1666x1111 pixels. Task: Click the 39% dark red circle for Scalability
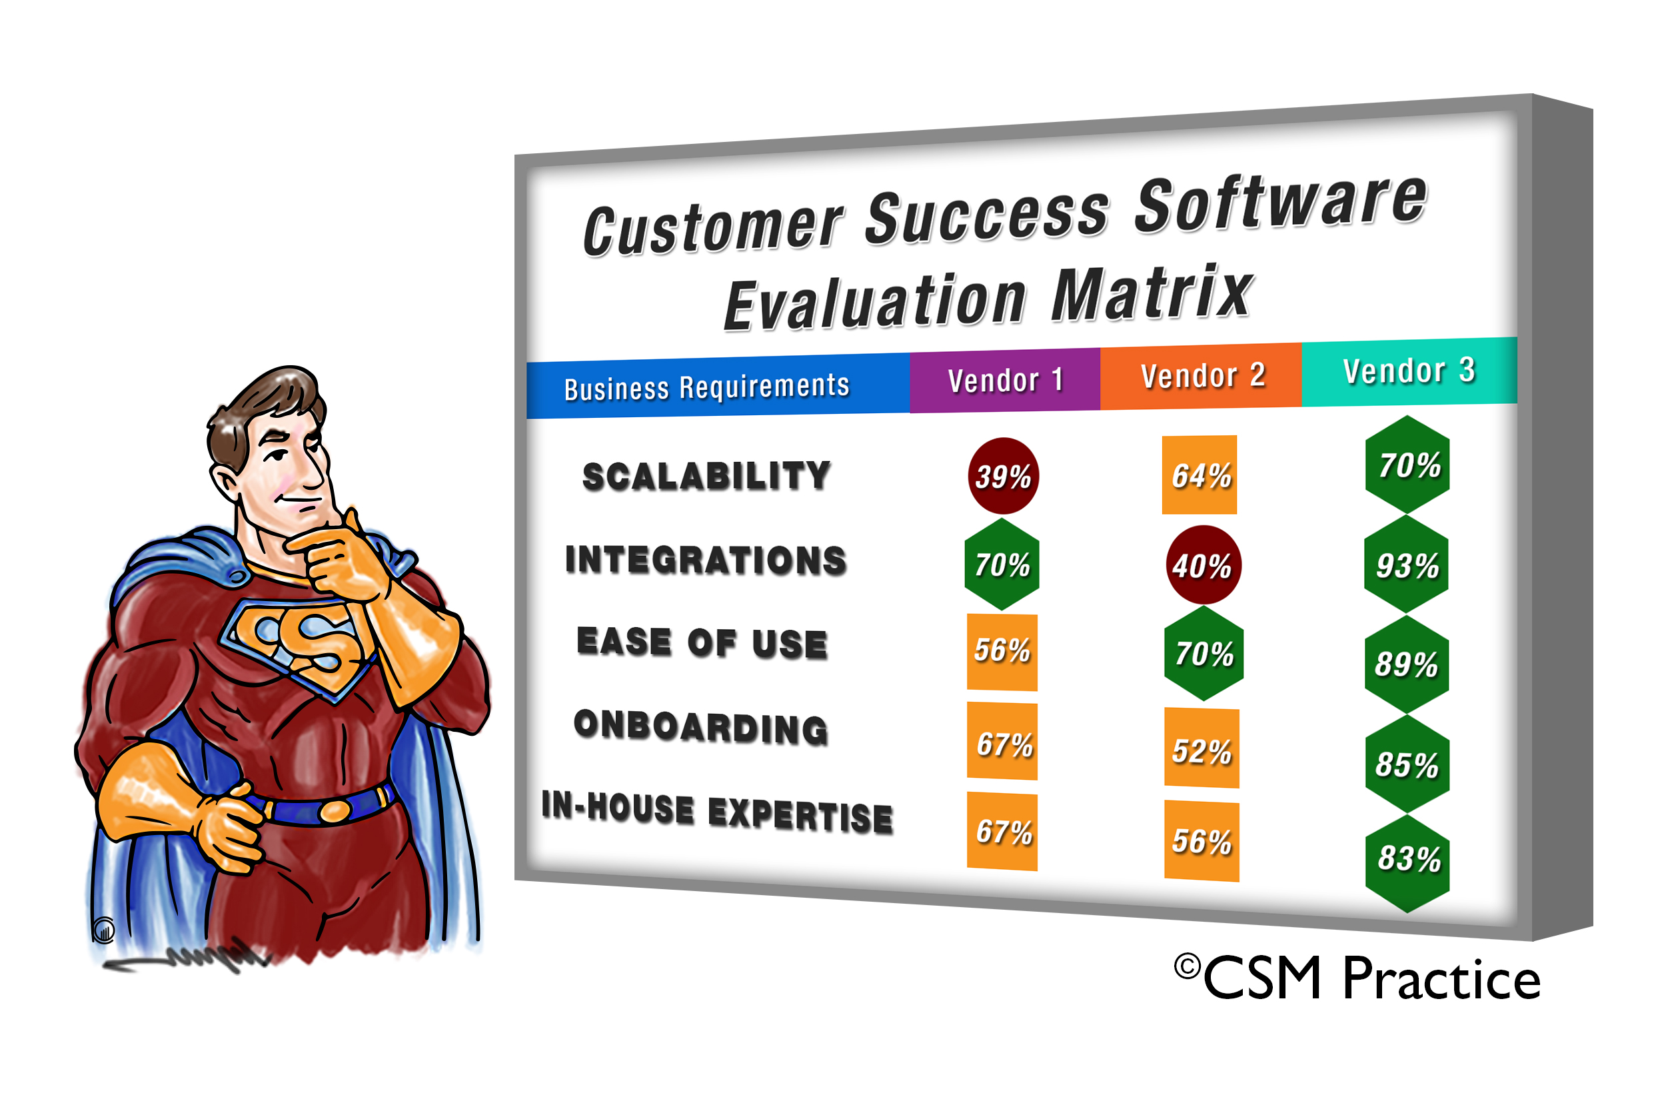(x=1003, y=476)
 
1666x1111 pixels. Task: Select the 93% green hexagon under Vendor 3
(x=1406, y=564)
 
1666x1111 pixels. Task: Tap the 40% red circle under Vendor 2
(x=1203, y=565)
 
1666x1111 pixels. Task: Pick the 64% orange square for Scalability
(x=1200, y=475)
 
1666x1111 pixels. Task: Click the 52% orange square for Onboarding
(x=1202, y=748)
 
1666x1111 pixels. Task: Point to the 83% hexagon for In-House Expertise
(x=1407, y=859)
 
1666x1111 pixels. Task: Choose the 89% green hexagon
(x=1406, y=664)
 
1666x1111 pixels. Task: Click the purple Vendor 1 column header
(x=1004, y=381)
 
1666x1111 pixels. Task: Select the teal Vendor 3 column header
(x=1409, y=371)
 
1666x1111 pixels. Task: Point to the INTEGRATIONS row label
(x=706, y=560)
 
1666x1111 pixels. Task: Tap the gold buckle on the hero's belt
(x=335, y=811)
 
